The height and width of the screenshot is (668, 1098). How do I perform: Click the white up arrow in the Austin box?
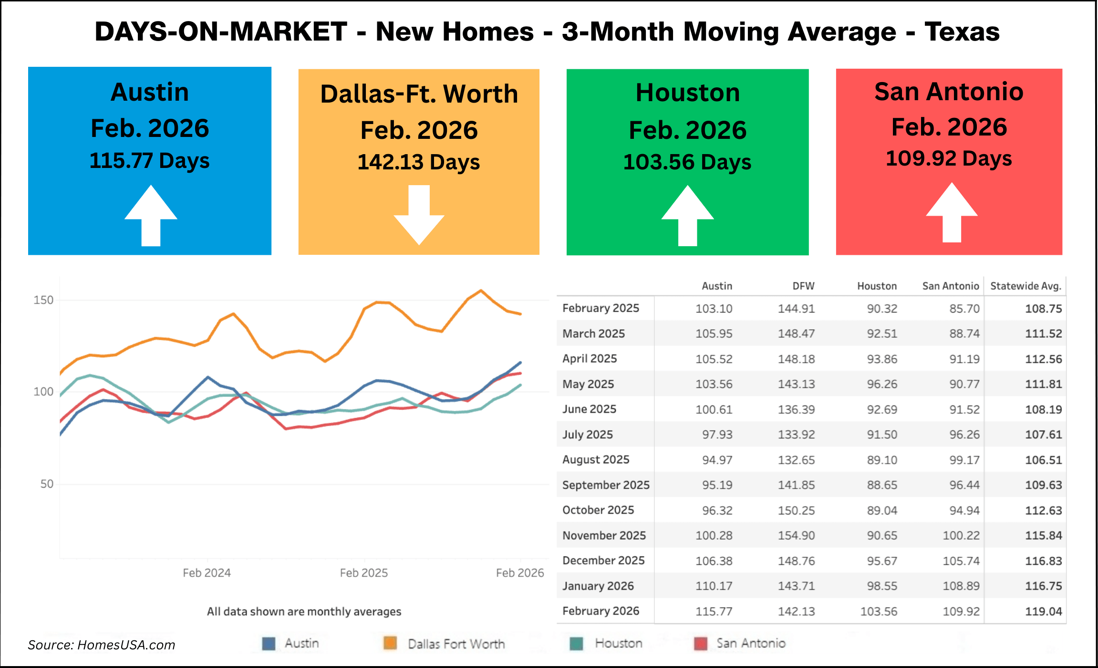151,216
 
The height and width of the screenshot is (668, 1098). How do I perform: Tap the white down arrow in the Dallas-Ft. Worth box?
419,215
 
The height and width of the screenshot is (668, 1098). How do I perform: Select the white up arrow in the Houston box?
687,216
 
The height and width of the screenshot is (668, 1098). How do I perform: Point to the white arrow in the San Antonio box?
952,212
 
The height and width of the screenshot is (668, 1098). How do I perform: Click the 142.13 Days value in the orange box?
419,163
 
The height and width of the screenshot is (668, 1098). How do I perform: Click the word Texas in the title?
962,32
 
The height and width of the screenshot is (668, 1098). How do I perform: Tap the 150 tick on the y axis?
43,300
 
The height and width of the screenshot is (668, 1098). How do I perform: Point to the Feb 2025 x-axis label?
364,573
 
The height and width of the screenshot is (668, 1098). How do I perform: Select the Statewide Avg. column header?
1026,286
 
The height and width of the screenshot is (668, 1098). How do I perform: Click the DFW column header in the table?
804,286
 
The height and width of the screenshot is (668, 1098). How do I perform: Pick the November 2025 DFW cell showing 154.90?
797,535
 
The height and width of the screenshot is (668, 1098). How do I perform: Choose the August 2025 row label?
596,459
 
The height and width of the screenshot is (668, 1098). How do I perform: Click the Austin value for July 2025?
717,435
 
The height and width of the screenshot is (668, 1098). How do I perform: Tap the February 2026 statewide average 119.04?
1044,611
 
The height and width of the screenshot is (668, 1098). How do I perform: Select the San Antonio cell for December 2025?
961,561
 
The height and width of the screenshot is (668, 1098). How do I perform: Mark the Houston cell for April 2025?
882,359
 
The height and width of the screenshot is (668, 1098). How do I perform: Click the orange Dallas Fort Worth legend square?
391,643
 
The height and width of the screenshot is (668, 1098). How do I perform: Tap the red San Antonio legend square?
701,643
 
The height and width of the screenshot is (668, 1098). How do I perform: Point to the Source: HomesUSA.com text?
102,645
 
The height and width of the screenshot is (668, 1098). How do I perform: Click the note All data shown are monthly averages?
304,612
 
